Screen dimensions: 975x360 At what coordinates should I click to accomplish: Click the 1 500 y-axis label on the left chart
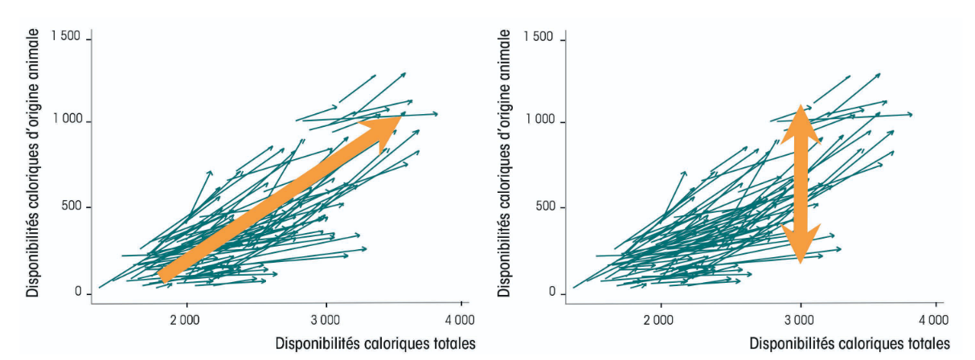66,36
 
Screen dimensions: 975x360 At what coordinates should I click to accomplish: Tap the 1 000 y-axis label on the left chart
68,119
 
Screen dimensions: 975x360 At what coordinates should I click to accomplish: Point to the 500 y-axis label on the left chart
72,206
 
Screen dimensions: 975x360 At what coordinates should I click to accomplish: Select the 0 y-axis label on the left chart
78,292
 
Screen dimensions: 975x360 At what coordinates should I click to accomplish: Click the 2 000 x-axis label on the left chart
185,321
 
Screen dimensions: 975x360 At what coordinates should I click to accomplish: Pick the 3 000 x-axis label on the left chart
326,321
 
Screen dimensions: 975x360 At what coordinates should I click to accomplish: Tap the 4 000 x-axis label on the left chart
460,321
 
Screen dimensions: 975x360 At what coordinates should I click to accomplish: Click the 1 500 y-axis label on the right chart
538,37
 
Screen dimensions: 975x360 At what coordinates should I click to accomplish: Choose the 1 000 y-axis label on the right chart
540,119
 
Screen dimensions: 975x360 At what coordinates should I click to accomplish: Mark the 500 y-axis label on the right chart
546,206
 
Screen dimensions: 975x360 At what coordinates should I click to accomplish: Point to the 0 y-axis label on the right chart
552,292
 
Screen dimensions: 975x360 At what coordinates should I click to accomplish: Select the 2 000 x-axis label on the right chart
658,321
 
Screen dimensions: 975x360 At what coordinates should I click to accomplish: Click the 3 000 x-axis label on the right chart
799,321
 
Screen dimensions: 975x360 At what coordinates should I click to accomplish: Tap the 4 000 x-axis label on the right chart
934,321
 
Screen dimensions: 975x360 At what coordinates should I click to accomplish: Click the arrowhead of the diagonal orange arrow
383,132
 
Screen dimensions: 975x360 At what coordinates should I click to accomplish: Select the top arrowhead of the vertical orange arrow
801,126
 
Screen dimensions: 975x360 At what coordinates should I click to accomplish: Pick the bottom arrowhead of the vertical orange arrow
801,243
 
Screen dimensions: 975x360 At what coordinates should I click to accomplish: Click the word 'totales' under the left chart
454,344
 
